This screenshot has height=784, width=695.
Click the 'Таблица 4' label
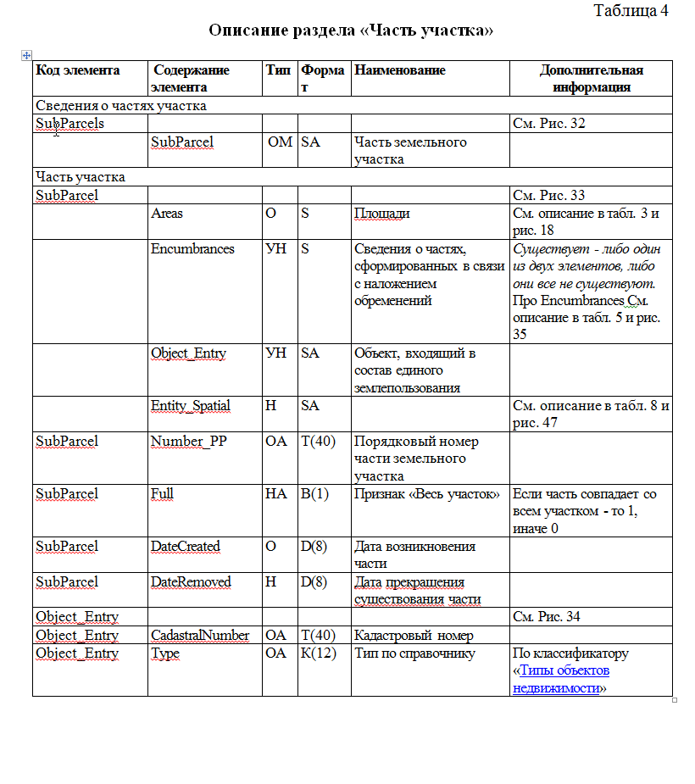coord(631,11)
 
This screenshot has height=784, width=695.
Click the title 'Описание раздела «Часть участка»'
coord(351,31)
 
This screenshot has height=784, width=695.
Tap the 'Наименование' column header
coord(400,70)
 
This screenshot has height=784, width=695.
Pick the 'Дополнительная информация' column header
coord(591,78)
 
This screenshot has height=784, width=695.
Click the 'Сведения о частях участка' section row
coord(121,106)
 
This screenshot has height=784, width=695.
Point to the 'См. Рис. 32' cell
coord(549,124)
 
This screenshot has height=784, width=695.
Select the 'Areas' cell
coord(168,214)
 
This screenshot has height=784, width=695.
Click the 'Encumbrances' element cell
coord(192,249)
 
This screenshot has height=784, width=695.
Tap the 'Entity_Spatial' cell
coord(191,406)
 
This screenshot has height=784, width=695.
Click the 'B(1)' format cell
coord(314,494)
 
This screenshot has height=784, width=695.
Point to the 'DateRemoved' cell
coord(191,582)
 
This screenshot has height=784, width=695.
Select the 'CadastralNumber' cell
coord(200,636)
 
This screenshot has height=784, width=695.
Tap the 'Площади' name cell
coord(381,214)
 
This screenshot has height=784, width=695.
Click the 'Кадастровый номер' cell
coord(413,636)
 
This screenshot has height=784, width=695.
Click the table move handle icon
coord(26,55)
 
